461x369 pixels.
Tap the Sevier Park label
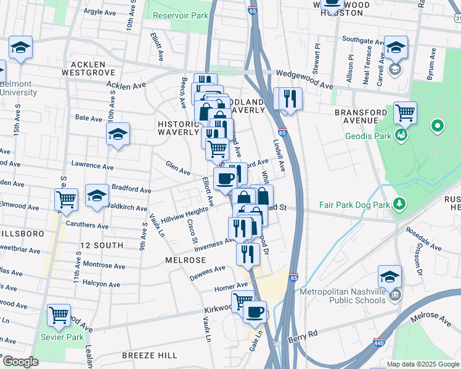[59, 337]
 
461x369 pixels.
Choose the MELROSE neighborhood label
[185, 260]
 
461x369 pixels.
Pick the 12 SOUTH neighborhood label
[97, 245]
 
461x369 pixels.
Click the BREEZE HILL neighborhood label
[149, 355]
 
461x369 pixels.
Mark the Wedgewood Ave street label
[304, 72]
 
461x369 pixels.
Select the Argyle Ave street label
[83, 12]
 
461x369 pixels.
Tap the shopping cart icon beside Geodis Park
[405, 113]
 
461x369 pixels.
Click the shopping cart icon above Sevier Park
[59, 315]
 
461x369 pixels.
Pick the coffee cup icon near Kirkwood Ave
[254, 311]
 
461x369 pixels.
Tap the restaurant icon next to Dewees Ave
[248, 253]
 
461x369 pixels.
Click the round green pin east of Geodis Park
[438, 127]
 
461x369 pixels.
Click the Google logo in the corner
[20, 362]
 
